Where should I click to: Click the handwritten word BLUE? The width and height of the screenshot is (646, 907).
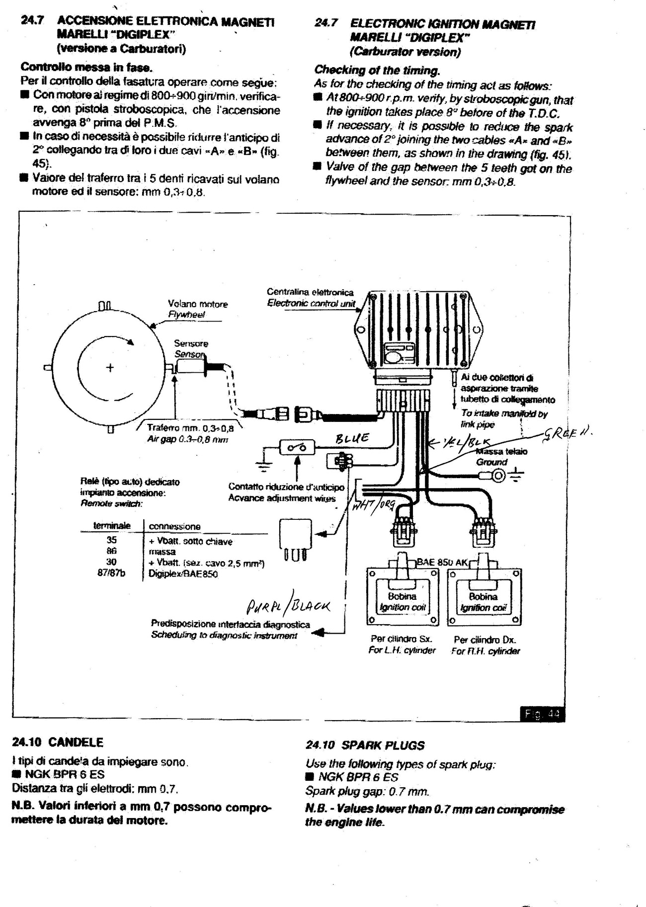point(352,438)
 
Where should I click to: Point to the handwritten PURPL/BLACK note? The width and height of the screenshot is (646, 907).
point(289,607)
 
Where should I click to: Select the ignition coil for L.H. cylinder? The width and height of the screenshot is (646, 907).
point(403,596)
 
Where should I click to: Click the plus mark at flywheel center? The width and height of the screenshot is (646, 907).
point(110,368)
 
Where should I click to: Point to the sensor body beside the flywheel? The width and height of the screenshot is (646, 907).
point(191,367)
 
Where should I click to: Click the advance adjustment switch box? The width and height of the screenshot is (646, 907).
point(297,448)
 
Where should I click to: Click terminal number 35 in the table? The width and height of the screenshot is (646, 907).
point(111,540)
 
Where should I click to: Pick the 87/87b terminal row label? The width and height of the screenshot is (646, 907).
point(111,573)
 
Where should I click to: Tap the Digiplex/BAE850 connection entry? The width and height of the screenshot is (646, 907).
point(183,574)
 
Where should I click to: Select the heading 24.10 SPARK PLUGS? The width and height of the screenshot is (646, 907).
point(365,745)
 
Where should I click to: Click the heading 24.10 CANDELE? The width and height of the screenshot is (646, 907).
point(57,742)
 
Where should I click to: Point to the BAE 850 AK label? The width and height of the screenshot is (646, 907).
point(442,562)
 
